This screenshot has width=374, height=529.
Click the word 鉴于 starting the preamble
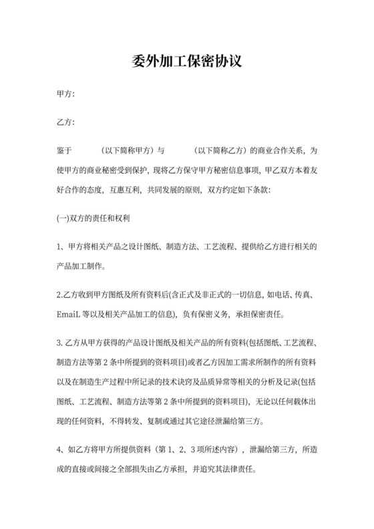[66, 150]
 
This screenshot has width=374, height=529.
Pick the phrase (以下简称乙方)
[220, 150]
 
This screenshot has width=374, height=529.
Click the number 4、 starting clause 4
[61, 450]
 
